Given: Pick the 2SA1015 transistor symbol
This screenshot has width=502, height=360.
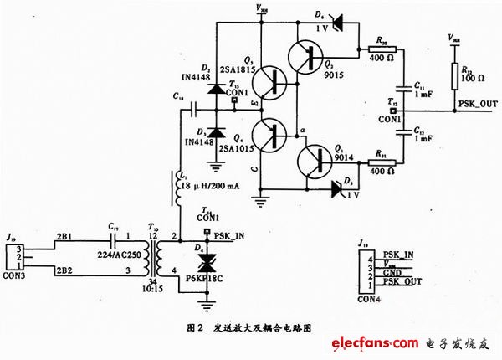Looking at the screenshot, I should click(x=271, y=135).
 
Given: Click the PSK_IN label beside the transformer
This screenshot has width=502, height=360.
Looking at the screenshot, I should click(x=229, y=236).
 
